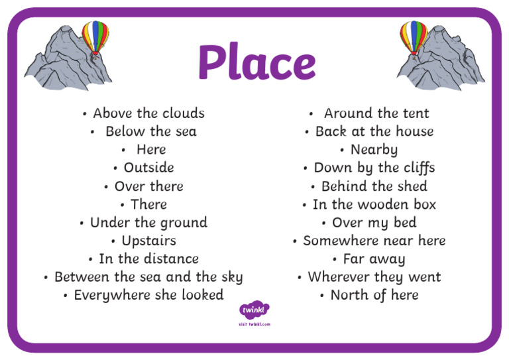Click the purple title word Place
[256, 63]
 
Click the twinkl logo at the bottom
[254, 310]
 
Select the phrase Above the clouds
[148, 113]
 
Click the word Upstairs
[148, 241]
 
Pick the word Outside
[148, 168]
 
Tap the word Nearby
[374, 150]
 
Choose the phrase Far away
[374, 259]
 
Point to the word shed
[412, 186]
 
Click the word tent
[414, 113]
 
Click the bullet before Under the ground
[82, 223]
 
